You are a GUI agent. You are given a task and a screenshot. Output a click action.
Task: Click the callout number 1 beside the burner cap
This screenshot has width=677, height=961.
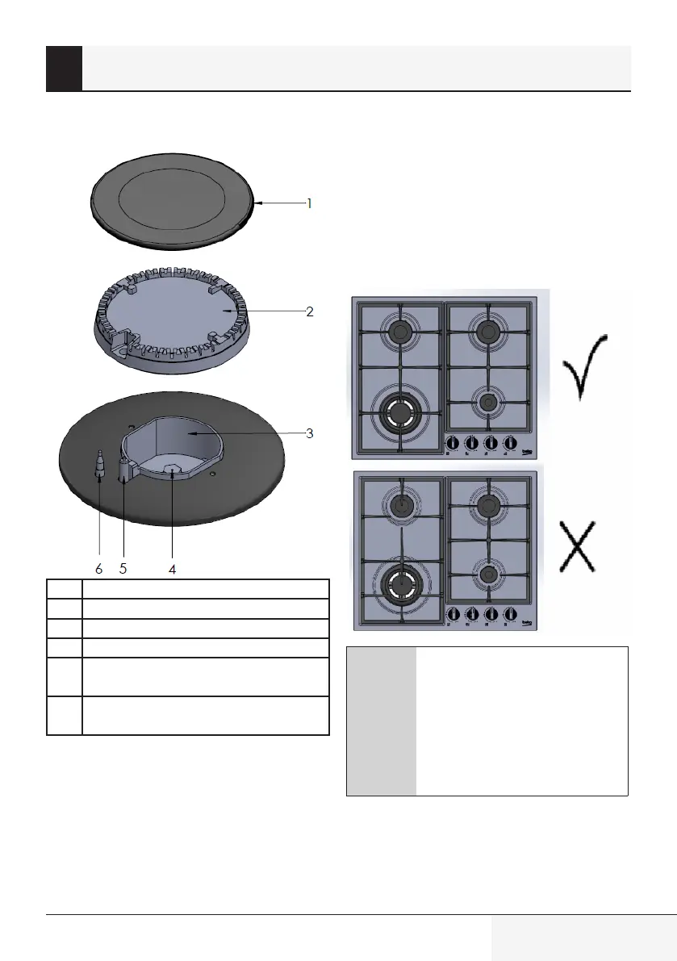(309, 203)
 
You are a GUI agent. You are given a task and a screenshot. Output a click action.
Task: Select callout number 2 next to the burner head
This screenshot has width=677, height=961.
(309, 311)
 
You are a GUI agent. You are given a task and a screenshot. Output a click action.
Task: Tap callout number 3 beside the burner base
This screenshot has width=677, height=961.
(309, 433)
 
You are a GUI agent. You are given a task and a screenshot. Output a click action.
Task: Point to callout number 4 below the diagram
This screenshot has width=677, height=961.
(172, 570)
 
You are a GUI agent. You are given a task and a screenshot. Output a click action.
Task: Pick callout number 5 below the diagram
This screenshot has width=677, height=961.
(123, 569)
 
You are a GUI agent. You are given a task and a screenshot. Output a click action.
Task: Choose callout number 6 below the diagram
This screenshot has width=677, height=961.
(99, 570)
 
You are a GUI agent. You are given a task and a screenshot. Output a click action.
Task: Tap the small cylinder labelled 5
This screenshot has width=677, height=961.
(125, 470)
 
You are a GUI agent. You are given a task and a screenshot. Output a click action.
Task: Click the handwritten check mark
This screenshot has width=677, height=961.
(585, 366)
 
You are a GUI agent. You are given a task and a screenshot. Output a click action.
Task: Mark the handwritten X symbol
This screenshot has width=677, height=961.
(578, 546)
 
